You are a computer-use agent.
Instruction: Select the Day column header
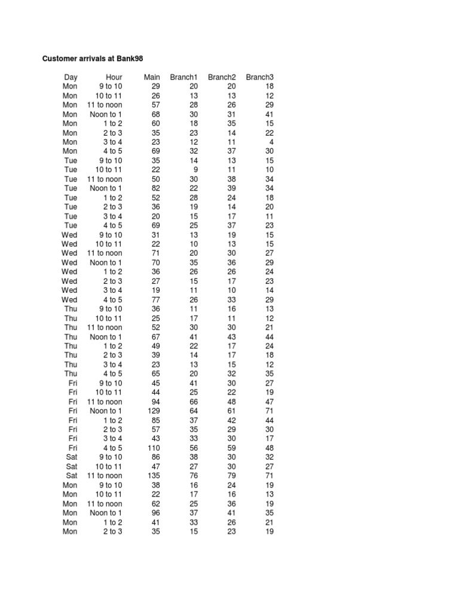pyautogui.click(x=71, y=77)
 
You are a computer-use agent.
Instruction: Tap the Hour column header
pyautogui.click(x=114, y=77)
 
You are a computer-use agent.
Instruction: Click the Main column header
pyautogui.click(x=152, y=77)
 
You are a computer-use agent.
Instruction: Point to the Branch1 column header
pyautogui.click(x=183, y=77)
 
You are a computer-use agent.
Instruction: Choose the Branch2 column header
pyautogui.click(x=222, y=77)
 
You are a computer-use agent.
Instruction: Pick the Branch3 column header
pyautogui.click(x=259, y=77)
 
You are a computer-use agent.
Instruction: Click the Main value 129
pyautogui.click(x=154, y=411)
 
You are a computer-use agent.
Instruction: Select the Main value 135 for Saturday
pyautogui.click(x=154, y=476)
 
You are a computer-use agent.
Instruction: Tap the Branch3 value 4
pyautogui.click(x=271, y=142)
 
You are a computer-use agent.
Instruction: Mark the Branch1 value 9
pyautogui.click(x=195, y=170)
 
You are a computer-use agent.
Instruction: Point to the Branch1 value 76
pyautogui.click(x=193, y=476)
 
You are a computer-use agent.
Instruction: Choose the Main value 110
pyautogui.click(x=154, y=448)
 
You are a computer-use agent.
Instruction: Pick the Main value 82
pyautogui.click(x=155, y=188)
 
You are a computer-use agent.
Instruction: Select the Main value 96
pyautogui.click(x=155, y=513)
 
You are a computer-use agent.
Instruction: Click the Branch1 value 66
pyautogui.click(x=193, y=402)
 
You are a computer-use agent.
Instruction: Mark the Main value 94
pyautogui.click(x=155, y=402)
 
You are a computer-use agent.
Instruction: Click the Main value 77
pyautogui.click(x=155, y=299)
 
